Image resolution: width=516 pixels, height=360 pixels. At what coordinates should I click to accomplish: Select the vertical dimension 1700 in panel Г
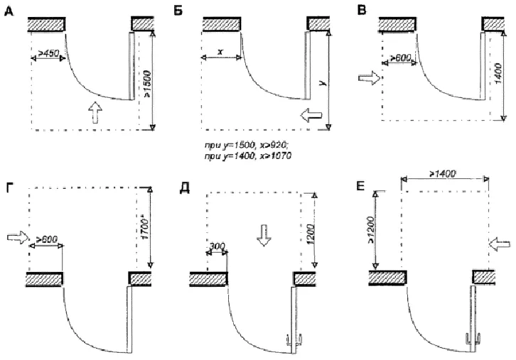tap(144, 225)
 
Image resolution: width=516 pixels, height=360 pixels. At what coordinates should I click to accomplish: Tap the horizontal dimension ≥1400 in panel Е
tap(444, 173)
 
